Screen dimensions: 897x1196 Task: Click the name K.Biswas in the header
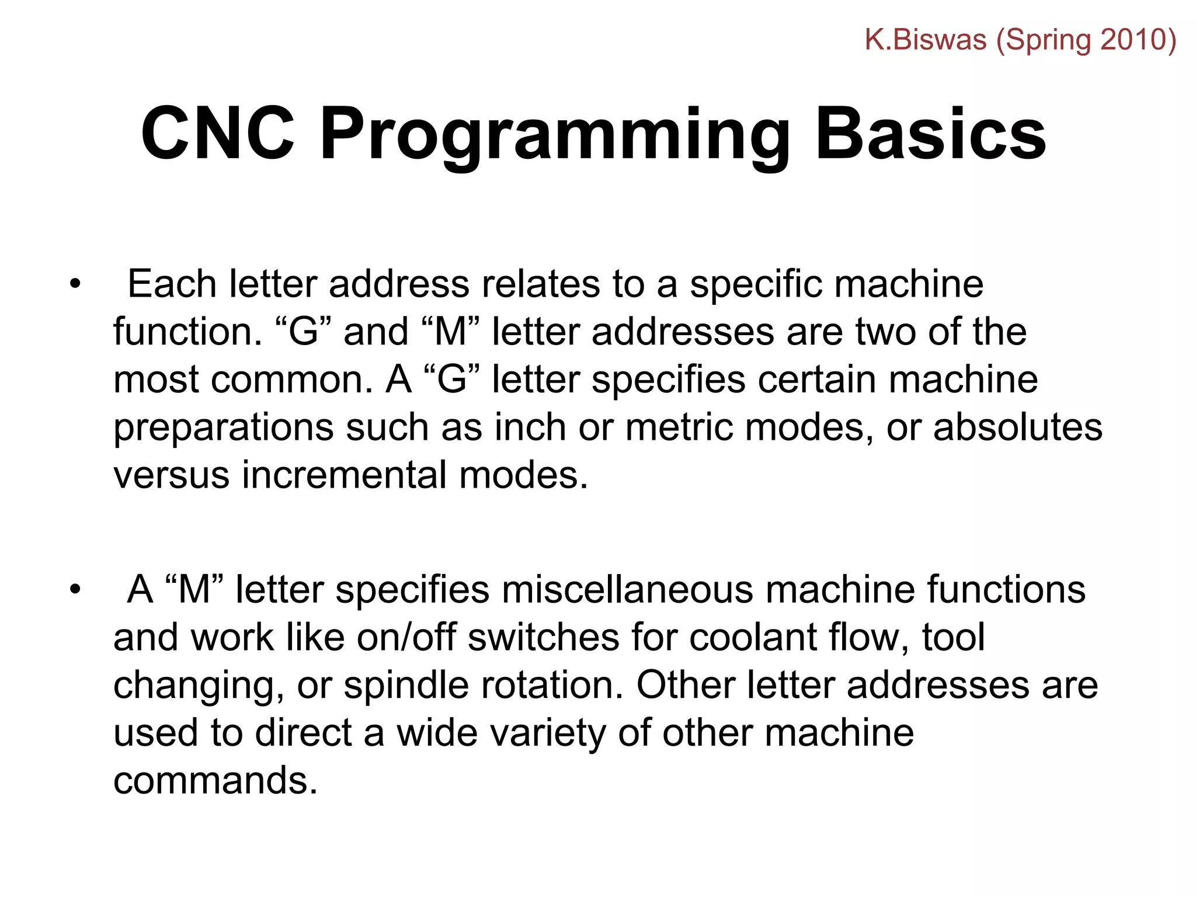925,40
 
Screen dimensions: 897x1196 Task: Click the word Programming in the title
554,135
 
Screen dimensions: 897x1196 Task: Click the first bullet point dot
75,285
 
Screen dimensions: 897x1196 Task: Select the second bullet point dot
75,590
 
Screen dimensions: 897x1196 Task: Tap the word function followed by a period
186,332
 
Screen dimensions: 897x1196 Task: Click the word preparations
223,428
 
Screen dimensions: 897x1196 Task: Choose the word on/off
406,637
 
